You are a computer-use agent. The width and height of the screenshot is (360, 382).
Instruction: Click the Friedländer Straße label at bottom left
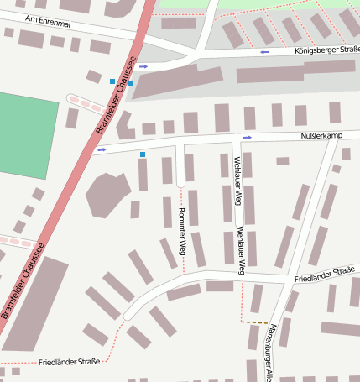coord(69,362)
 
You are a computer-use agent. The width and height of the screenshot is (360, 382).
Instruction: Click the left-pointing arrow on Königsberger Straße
coord(264,52)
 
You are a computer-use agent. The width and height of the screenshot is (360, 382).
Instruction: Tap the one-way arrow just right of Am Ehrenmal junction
coord(143,65)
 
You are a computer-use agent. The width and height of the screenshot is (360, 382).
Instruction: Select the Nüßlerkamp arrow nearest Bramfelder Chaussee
coord(102,150)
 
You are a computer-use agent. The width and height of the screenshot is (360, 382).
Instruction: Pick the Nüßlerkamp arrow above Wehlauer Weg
coord(247,137)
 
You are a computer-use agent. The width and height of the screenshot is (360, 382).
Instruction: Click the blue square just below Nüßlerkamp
coord(143,154)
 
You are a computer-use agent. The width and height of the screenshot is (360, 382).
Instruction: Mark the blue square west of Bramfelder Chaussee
coord(112,81)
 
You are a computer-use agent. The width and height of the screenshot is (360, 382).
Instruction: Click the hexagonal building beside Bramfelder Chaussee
coord(106,195)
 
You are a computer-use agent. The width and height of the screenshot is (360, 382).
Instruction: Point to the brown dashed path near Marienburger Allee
coord(254,322)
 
